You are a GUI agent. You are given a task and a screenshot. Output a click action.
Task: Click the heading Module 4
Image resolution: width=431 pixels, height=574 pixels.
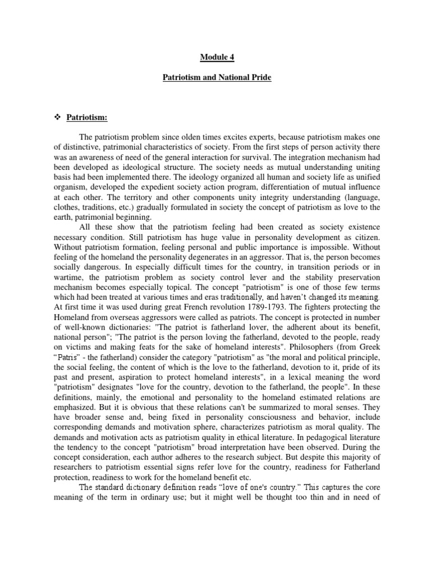216,56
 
